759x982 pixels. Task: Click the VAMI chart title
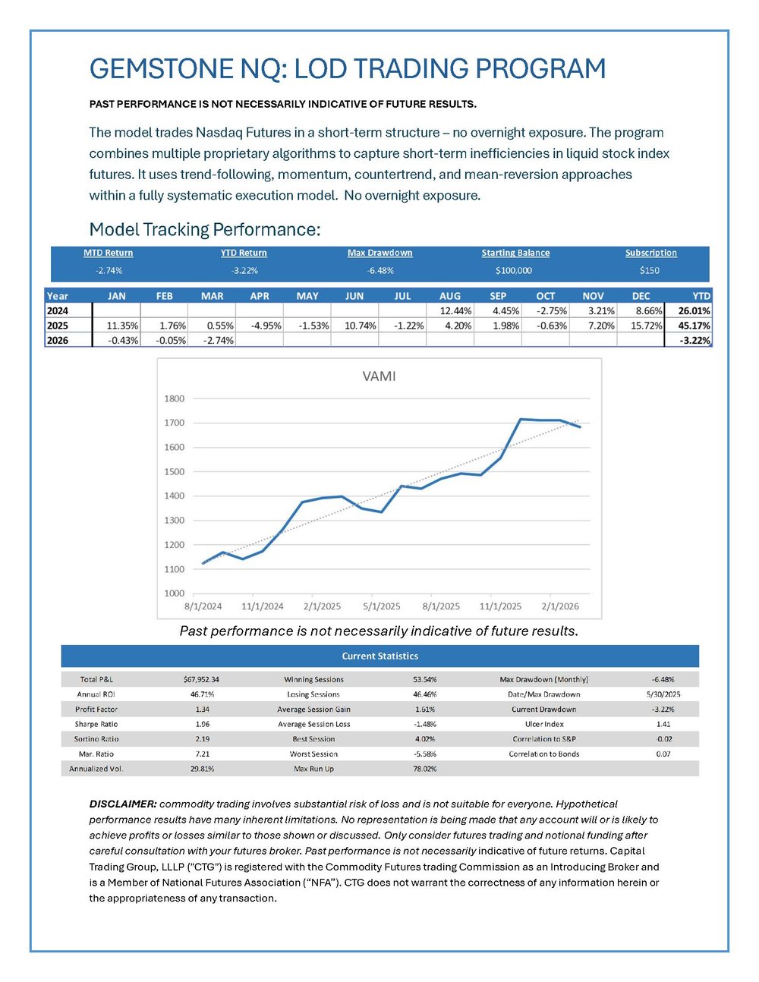tap(379, 376)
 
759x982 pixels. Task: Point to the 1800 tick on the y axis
tap(175, 398)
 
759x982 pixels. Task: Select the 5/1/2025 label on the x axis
tap(381, 606)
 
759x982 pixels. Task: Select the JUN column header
tap(354, 296)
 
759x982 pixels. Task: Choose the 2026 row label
tap(58, 341)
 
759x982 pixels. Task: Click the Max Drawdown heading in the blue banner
tap(379, 253)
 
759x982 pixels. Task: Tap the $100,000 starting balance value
tap(513, 270)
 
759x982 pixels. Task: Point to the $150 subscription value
tap(650, 270)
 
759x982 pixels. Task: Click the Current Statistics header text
tap(379, 656)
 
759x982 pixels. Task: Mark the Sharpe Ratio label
tap(96, 724)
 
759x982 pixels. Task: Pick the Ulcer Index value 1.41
tap(663, 724)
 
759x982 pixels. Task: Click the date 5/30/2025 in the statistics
tap(663, 694)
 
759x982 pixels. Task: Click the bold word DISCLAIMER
tap(122, 804)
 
